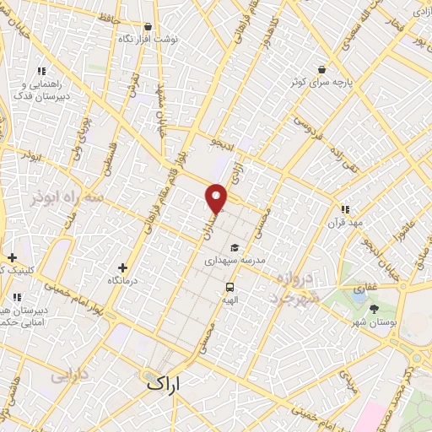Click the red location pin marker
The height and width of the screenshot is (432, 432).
[217, 198]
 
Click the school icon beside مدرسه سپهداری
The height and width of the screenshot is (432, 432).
[234, 247]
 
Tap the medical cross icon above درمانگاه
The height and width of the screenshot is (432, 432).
[123, 267]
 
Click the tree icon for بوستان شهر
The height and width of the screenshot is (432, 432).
[374, 310]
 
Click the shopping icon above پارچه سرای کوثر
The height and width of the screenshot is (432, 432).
[321, 69]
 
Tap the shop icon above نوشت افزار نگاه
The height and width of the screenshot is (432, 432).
[148, 26]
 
